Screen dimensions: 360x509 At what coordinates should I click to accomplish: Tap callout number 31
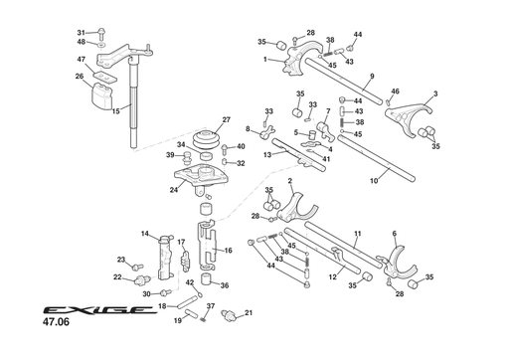click(82, 33)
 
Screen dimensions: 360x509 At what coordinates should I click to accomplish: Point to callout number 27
click(227, 119)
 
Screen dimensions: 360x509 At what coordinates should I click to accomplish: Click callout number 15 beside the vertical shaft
click(115, 111)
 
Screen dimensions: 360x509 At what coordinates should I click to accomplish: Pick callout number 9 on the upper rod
click(371, 77)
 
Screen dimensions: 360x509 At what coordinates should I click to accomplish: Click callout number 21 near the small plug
click(249, 313)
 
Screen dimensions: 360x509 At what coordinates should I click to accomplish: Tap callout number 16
click(228, 252)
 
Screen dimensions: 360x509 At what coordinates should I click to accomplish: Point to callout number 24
click(173, 189)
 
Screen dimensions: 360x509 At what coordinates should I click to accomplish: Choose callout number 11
click(356, 235)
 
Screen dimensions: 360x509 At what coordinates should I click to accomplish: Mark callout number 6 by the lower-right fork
click(394, 235)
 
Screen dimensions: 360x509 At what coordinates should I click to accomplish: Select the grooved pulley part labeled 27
click(208, 141)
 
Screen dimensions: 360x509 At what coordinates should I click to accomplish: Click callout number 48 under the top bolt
click(82, 45)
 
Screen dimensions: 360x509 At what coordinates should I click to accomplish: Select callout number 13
click(267, 155)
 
